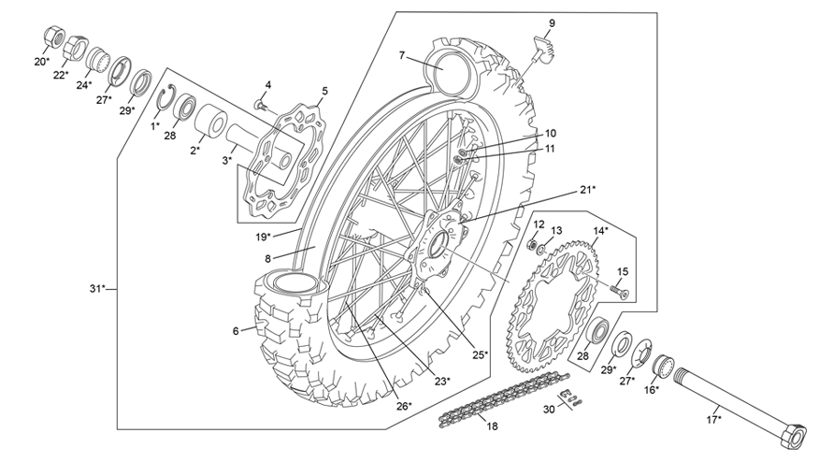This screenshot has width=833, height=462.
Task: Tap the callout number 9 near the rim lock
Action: coord(552,22)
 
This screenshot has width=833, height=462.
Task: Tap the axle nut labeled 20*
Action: coord(53,38)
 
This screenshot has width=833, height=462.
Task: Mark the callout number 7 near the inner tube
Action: coord(401,55)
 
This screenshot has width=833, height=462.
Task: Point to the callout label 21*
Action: coord(586,189)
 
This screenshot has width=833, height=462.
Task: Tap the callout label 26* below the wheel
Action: coord(402,406)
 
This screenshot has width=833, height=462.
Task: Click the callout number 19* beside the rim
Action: coord(263,236)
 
